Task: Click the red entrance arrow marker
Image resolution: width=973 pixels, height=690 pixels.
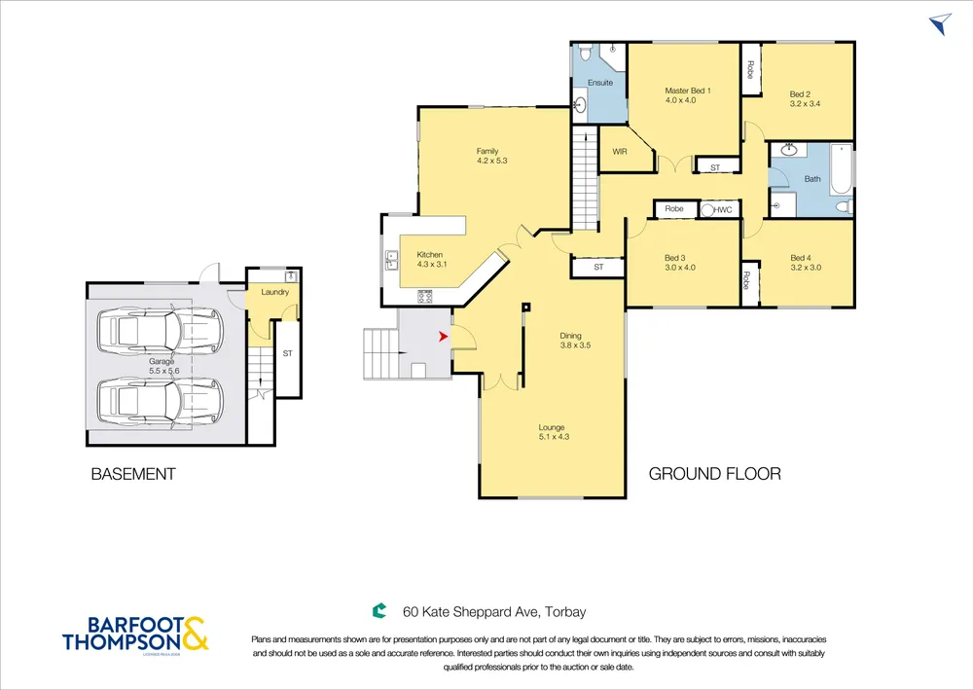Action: pyautogui.click(x=443, y=337)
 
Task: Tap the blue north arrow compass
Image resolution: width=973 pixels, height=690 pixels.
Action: pyautogui.click(x=941, y=23)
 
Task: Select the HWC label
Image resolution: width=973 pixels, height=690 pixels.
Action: pyautogui.click(x=722, y=210)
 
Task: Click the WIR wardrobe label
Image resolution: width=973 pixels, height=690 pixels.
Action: pyautogui.click(x=619, y=152)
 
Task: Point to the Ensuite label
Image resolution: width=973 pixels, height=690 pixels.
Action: pyautogui.click(x=600, y=83)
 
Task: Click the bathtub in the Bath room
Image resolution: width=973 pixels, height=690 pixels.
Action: pyautogui.click(x=841, y=168)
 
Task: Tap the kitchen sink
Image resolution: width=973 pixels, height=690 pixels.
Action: pyautogui.click(x=391, y=261)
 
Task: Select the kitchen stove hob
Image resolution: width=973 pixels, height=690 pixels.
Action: pyautogui.click(x=425, y=297)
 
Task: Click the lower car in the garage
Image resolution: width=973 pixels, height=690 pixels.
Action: pyautogui.click(x=161, y=402)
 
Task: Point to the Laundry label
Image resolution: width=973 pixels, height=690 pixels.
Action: pyautogui.click(x=275, y=292)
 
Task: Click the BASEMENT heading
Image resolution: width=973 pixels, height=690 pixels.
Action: pyautogui.click(x=133, y=474)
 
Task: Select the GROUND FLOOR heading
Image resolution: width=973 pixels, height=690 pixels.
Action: pyautogui.click(x=715, y=474)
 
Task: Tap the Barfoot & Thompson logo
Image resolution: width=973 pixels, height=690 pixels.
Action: pyautogui.click(x=135, y=635)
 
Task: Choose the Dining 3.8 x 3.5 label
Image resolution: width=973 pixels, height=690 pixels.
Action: pyautogui.click(x=575, y=341)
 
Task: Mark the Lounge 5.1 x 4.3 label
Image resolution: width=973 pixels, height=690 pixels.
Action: pyautogui.click(x=554, y=432)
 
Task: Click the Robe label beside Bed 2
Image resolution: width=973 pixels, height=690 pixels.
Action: pyautogui.click(x=750, y=69)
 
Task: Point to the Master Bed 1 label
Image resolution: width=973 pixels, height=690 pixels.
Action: pyautogui.click(x=688, y=91)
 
